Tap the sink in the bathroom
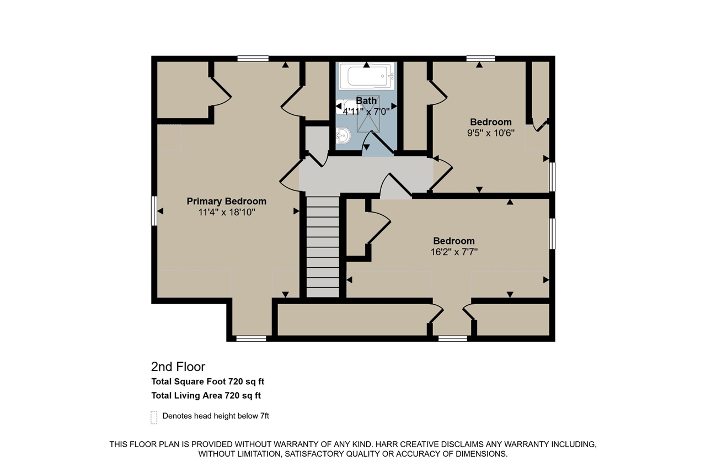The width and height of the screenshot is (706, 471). coord(343,135)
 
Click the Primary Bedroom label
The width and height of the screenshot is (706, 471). coord(226,202)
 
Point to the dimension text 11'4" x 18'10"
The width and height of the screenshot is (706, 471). coord(226,212)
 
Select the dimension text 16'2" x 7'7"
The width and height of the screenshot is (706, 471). coord(453,252)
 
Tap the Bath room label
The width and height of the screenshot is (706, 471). coord(366,100)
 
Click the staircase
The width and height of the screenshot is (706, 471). coord(322,247)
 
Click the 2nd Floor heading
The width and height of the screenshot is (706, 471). coord(178,367)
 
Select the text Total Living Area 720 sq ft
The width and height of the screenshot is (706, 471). coord(206,395)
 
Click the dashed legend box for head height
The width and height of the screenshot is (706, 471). coord(154,417)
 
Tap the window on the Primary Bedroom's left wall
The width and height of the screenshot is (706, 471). coord(154,210)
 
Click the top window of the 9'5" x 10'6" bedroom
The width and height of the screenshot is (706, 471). coord(480,59)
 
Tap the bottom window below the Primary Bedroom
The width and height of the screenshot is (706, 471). coord(251,338)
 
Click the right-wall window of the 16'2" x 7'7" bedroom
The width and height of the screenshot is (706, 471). coord(552,234)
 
